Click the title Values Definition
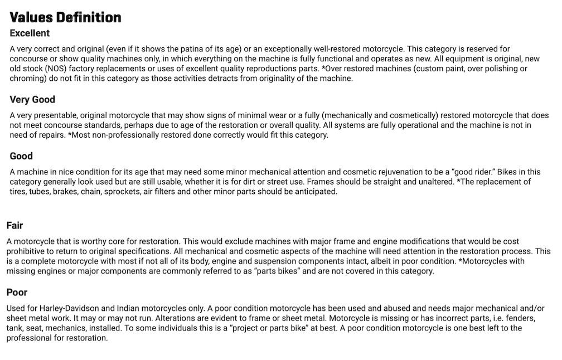[65, 17]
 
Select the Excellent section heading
[30, 33]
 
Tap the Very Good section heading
[32, 100]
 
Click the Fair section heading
[14, 226]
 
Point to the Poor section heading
[17, 293]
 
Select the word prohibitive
[27, 251]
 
